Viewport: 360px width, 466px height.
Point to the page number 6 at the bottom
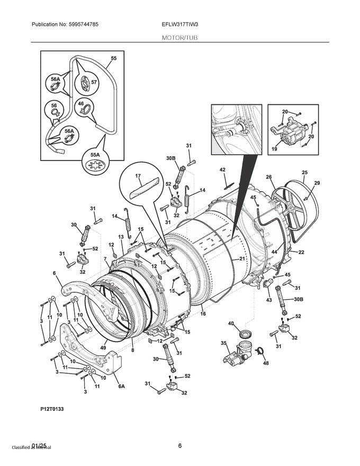point(180,445)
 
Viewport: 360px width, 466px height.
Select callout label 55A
point(96,155)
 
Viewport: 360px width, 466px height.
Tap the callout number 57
point(95,83)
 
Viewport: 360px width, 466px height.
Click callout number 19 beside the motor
point(275,149)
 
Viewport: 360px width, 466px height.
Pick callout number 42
point(222,169)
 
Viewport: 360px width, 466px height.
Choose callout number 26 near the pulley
point(268,177)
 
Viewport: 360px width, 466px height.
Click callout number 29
point(317,183)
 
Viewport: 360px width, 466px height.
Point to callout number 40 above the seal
point(231,324)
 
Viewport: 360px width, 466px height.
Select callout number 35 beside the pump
point(223,343)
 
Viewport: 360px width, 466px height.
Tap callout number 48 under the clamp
point(266,363)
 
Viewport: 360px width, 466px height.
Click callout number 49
point(103,347)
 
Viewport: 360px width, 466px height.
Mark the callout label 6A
point(121,387)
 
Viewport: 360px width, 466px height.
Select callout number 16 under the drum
point(202,313)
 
